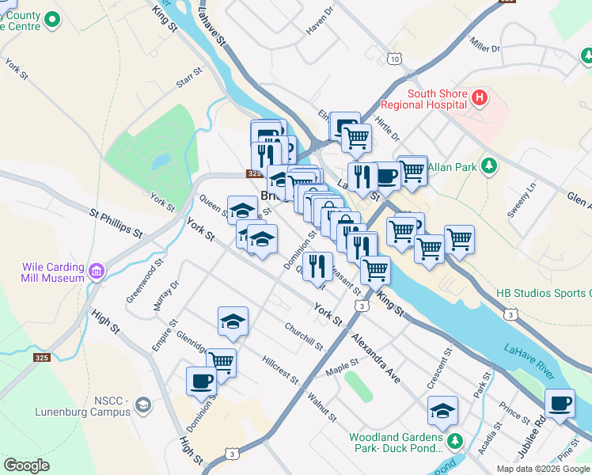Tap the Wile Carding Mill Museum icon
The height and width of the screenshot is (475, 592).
[97, 272]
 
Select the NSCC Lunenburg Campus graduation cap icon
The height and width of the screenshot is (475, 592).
[142, 406]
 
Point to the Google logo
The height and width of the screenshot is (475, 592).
[26, 465]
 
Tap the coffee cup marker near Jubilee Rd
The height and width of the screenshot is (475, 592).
[560, 404]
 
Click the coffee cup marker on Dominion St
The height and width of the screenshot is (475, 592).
[202, 382]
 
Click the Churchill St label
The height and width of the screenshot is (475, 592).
[305, 336]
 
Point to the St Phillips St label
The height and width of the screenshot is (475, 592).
[116, 223]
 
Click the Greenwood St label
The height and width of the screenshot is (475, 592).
[145, 279]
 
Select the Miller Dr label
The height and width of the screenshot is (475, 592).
[485, 44]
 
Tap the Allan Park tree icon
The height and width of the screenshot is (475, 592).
[490, 165]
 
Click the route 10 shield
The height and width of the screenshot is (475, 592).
[395, 58]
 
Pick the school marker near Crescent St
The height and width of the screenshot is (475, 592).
[442, 411]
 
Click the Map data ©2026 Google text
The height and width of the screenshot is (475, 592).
[543, 468]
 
